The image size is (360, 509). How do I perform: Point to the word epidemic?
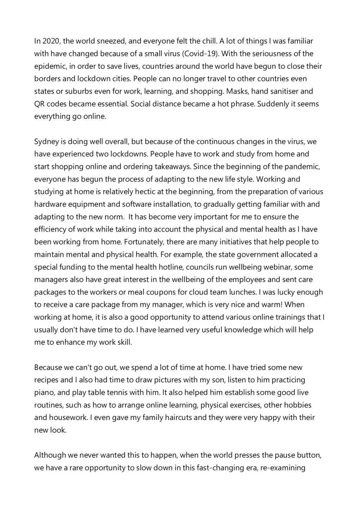coord(49,67)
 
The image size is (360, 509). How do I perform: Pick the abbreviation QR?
coord(39,104)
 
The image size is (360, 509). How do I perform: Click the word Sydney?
coord(46,142)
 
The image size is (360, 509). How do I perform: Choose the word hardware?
coord(49,204)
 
